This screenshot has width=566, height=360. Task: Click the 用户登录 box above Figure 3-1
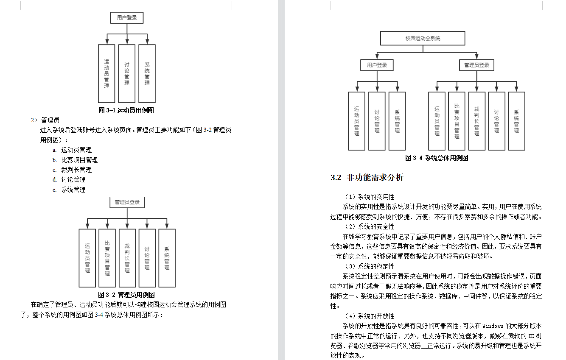(127, 18)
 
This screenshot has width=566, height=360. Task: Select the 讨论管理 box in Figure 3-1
(127, 73)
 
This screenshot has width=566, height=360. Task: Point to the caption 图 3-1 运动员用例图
(126, 110)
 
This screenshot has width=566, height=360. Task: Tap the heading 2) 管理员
(45, 120)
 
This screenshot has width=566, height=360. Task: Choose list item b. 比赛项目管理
(75, 160)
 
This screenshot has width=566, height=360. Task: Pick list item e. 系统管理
(69, 190)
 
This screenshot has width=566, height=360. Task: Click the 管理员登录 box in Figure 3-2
(127, 202)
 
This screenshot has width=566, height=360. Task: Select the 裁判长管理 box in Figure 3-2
(127, 258)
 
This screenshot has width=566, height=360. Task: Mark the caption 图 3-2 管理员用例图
(126, 294)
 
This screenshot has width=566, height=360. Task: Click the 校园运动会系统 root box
(423, 38)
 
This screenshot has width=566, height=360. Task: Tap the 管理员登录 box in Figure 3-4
(476, 65)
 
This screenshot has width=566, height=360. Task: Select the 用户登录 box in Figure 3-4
(377, 65)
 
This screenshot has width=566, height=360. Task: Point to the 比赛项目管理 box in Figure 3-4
(457, 121)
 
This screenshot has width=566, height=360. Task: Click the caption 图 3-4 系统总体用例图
(437, 158)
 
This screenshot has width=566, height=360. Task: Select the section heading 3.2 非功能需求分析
(367, 178)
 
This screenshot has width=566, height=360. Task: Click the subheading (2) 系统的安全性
(370, 227)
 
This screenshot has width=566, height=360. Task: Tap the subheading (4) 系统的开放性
(370, 316)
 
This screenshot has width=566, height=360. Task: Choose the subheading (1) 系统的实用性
(370, 197)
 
